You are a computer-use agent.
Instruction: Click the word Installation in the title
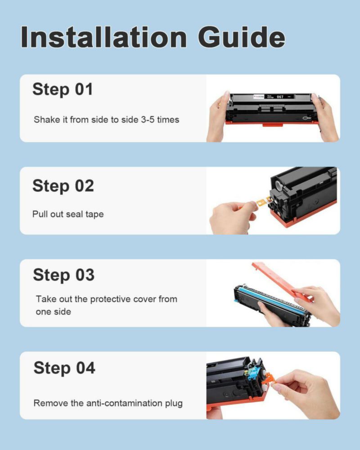pos(103,37)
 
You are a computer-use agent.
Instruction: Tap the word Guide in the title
pos(242,37)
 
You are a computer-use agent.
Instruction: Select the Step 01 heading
pos(63,89)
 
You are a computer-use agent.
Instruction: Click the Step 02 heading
pos(63,186)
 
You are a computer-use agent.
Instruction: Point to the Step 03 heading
pos(63,275)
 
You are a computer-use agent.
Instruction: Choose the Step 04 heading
pos(64,368)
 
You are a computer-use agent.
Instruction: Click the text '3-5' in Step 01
pos(148,120)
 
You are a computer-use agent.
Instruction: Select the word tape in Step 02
pos(94,214)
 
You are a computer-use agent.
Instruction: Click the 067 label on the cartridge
pos(280,97)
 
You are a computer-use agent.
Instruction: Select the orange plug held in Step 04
pos(269,379)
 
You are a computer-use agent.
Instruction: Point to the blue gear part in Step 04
pos(252,373)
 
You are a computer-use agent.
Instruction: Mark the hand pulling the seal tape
pos(233,217)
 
